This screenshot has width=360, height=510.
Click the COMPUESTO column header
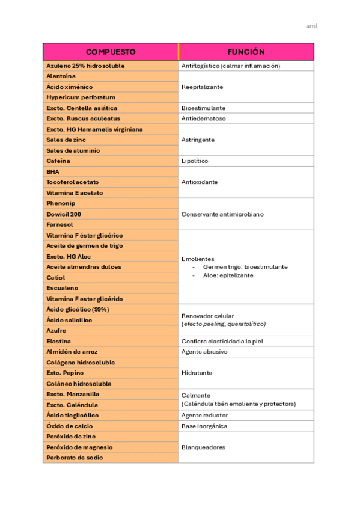point(111,52)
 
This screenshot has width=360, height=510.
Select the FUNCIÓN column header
point(246,52)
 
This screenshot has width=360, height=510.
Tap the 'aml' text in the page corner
point(311,26)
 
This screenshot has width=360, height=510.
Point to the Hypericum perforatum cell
point(81,97)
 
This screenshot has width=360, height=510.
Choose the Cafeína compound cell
point(58,161)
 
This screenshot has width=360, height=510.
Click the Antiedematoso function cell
point(203,118)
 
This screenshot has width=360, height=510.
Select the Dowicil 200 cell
point(64,214)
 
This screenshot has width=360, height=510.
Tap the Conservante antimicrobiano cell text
point(222,214)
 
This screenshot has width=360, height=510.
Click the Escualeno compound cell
point(62,288)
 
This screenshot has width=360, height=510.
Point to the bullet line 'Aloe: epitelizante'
point(228,275)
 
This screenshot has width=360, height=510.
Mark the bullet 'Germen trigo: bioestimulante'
point(245,266)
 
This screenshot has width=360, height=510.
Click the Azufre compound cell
point(56,331)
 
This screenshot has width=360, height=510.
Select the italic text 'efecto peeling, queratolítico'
point(223,324)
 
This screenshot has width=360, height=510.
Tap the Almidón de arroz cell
point(72,352)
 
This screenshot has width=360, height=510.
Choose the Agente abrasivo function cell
point(204,352)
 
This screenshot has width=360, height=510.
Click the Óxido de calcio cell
point(69,426)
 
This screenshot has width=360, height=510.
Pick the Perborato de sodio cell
point(75,458)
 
